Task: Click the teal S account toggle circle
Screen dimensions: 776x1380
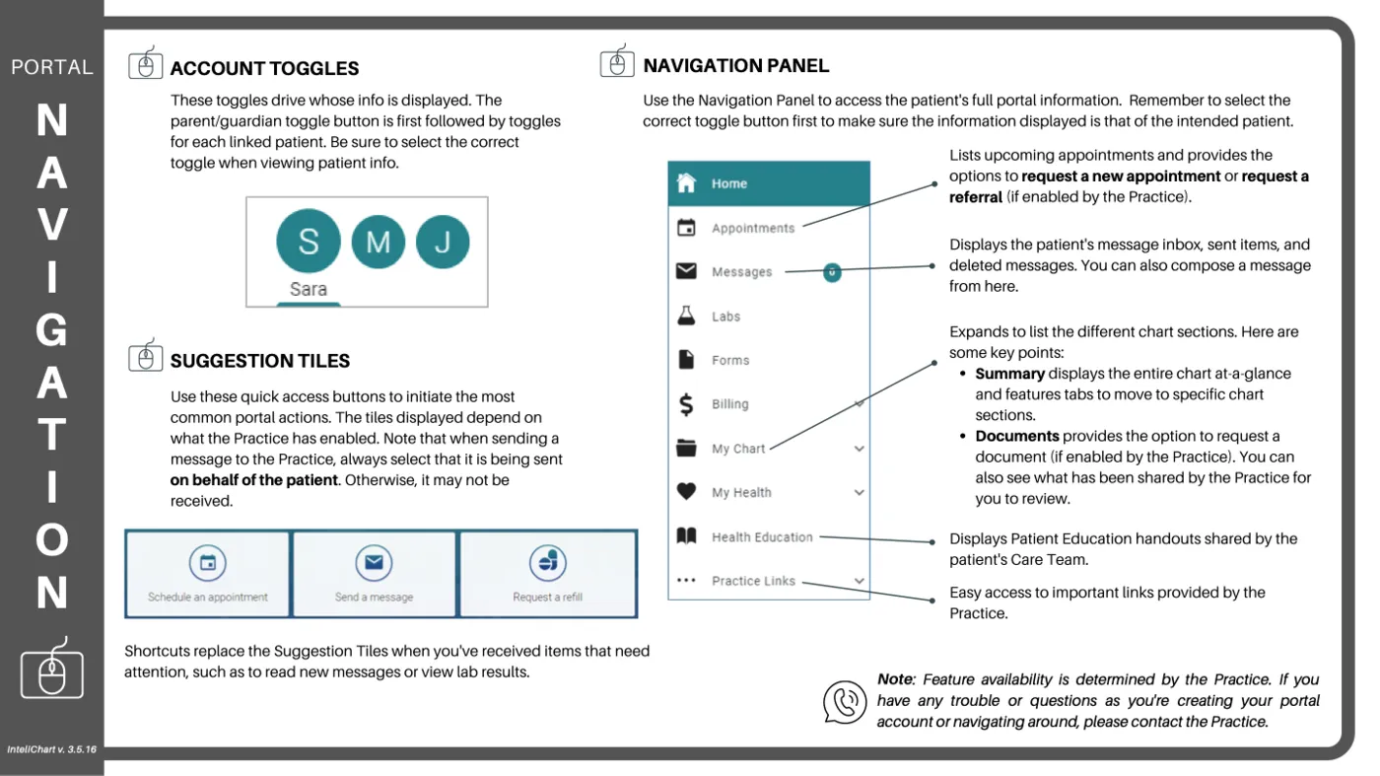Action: tap(308, 241)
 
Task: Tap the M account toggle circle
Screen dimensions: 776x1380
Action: tap(378, 242)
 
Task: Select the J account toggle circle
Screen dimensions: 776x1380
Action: tap(443, 242)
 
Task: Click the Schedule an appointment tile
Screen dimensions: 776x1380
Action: tap(208, 574)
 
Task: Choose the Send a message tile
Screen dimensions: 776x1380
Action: tap(374, 574)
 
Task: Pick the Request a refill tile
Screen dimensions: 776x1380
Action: tap(547, 574)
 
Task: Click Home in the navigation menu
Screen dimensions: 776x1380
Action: tap(729, 183)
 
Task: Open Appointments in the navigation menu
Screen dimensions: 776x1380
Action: tap(753, 228)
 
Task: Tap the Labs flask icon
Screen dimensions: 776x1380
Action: tap(686, 316)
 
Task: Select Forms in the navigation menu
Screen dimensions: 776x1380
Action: tap(730, 360)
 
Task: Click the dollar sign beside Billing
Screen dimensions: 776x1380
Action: tap(686, 404)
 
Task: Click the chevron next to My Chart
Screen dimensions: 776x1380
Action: tap(859, 449)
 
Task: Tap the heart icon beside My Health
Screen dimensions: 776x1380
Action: tap(686, 492)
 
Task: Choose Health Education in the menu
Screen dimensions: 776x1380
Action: tap(762, 537)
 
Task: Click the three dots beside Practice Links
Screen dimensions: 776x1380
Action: tap(686, 581)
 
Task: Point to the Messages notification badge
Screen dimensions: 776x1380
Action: tap(832, 271)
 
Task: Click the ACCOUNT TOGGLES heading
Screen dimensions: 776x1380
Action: tap(264, 69)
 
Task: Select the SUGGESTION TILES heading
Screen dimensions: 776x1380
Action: tap(259, 361)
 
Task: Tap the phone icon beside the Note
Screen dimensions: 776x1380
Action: tap(845, 702)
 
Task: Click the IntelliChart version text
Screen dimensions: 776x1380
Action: tap(51, 750)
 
